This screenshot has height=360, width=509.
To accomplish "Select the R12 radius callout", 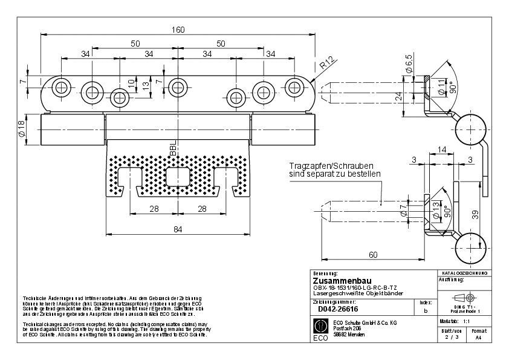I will (327, 62).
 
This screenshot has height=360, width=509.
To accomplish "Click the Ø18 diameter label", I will (22, 128).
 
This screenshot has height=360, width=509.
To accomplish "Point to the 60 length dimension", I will (373, 255).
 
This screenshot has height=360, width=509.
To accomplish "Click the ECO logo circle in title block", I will (320, 327).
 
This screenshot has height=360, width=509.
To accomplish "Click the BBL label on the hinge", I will (173, 149).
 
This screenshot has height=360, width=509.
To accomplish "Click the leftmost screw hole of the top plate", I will (60, 87).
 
